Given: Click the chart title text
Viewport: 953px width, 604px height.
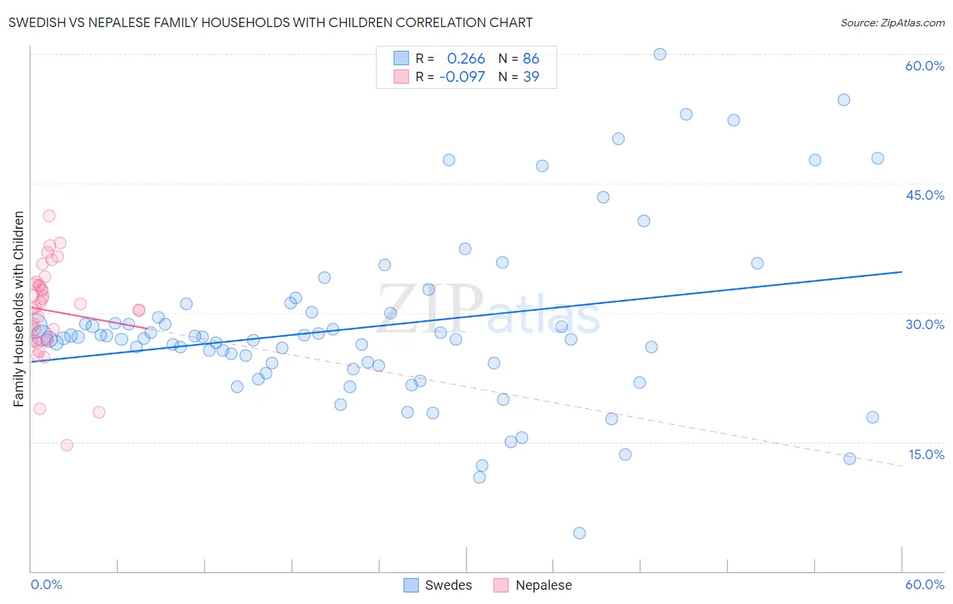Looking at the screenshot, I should coord(270,22).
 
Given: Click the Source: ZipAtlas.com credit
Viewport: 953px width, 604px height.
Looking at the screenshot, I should coord(892,22).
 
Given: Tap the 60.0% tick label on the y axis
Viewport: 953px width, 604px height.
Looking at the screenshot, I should coord(925,66).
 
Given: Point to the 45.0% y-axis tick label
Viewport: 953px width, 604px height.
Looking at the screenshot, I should coord(925,195).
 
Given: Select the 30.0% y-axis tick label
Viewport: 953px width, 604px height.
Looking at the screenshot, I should coord(925,324).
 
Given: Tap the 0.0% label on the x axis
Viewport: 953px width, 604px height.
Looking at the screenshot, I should coord(46,584).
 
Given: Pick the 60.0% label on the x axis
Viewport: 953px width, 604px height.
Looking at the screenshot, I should coord(925,584).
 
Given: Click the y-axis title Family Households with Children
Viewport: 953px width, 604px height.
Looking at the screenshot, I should coord(18,309).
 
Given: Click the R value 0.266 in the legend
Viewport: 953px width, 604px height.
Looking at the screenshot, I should coord(466,59).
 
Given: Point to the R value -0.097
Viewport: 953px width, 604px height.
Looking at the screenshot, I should coord(462,77).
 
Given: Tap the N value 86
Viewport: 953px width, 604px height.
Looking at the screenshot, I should coord(531,59).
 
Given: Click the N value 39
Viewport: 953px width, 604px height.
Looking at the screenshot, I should coord(531,77).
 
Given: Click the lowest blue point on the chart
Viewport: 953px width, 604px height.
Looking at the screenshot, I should coord(580,533).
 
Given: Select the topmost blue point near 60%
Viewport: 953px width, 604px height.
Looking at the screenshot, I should coord(660,54).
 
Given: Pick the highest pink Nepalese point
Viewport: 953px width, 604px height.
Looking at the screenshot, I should coord(49,216).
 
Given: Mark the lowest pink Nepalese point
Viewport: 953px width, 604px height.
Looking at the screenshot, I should coord(66,445).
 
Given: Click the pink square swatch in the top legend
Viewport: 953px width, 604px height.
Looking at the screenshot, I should coord(401,77).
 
